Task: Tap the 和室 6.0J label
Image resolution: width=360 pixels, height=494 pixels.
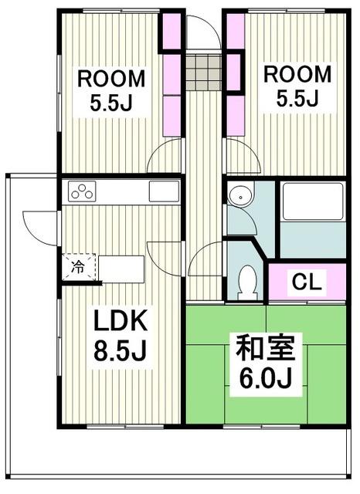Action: click(x=266, y=363)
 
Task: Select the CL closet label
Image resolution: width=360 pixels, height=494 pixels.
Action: click(x=307, y=282)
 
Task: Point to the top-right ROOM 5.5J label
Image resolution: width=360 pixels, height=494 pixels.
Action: click(x=297, y=86)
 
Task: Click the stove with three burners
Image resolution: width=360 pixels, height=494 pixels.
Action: click(x=82, y=191)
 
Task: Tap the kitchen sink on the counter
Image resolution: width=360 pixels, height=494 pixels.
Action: click(x=164, y=191)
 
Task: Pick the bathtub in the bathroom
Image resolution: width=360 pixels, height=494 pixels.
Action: click(x=312, y=202)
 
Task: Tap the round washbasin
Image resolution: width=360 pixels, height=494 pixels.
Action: click(x=239, y=197)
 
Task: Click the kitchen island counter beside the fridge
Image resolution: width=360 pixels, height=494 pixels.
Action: click(x=121, y=269)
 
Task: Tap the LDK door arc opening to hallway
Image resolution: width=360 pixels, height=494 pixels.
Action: click(x=165, y=255)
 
